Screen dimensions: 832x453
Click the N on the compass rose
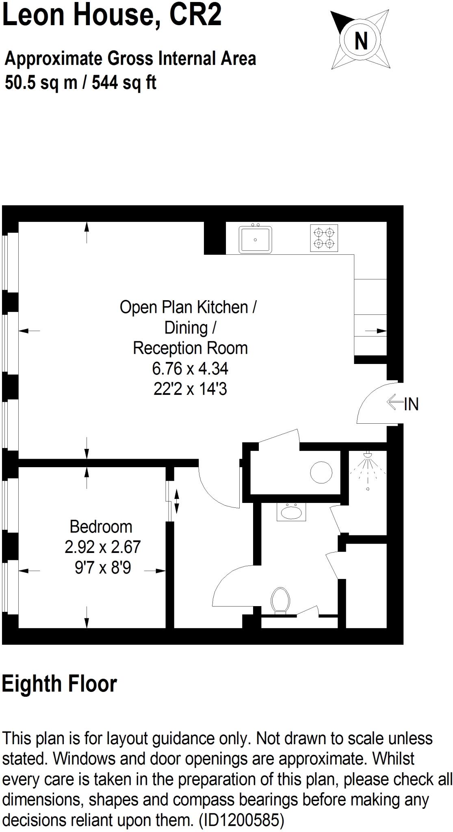point(361,41)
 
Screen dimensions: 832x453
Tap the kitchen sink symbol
point(255,240)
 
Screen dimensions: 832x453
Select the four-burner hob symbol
point(324,238)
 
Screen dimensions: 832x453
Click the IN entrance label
point(411,404)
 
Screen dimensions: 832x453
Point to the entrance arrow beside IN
point(394,403)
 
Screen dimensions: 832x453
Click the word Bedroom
point(101,526)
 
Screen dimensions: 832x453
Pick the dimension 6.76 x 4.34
point(190,368)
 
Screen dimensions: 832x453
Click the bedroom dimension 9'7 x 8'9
point(103,567)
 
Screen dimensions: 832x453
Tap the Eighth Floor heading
point(59,684)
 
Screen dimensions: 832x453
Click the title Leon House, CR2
point(112,15)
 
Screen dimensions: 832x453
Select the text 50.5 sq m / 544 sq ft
point(80,82)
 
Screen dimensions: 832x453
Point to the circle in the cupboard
point(321,472)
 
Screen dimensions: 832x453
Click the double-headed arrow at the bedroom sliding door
point(177,501)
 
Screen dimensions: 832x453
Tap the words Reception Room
point(190,348)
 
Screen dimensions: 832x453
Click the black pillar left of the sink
point(215,238)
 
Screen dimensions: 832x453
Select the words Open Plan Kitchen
point(184,307)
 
